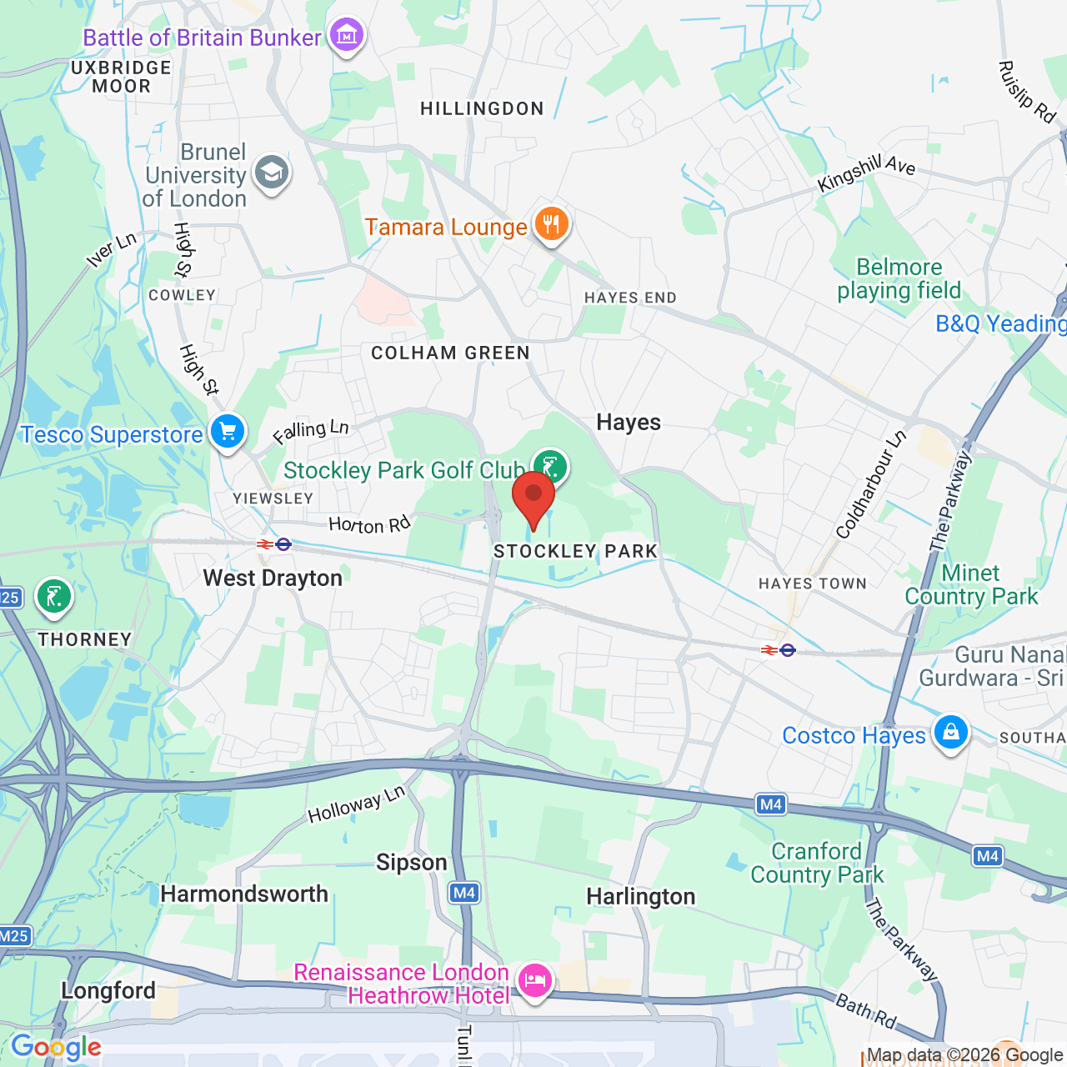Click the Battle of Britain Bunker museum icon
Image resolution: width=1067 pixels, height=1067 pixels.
click(346, 36)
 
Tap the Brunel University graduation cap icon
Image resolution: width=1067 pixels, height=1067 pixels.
click(272, 173)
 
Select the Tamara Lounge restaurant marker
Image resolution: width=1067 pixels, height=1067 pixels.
click(550, 224)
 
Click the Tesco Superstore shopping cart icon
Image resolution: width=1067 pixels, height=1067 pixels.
click(228, 432)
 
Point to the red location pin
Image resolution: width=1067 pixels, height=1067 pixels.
click(533, 498)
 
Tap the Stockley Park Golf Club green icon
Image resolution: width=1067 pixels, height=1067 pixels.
click(550, 466)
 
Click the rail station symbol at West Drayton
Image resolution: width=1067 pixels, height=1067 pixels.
click(274, 544)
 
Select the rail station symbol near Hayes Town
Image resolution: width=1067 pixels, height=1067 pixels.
click(779, 649)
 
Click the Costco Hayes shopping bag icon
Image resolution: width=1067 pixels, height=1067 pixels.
click(950, 733)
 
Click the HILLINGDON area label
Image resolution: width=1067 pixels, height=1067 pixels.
click(482, 109)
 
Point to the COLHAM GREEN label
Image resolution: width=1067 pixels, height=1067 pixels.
click(450, 353)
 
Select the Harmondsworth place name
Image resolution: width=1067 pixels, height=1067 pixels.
click(244, 894)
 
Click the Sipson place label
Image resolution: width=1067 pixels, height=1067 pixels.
click(412, 863)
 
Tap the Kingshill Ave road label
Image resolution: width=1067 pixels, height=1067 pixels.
click(866, 173)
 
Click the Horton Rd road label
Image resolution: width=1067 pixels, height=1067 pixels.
click(369, 524)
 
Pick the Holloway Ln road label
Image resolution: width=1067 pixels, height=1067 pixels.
click(356, 804)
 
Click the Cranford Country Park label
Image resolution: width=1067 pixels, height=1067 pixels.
click(817, 863)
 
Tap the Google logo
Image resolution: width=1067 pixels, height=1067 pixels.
click(56, 1047)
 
